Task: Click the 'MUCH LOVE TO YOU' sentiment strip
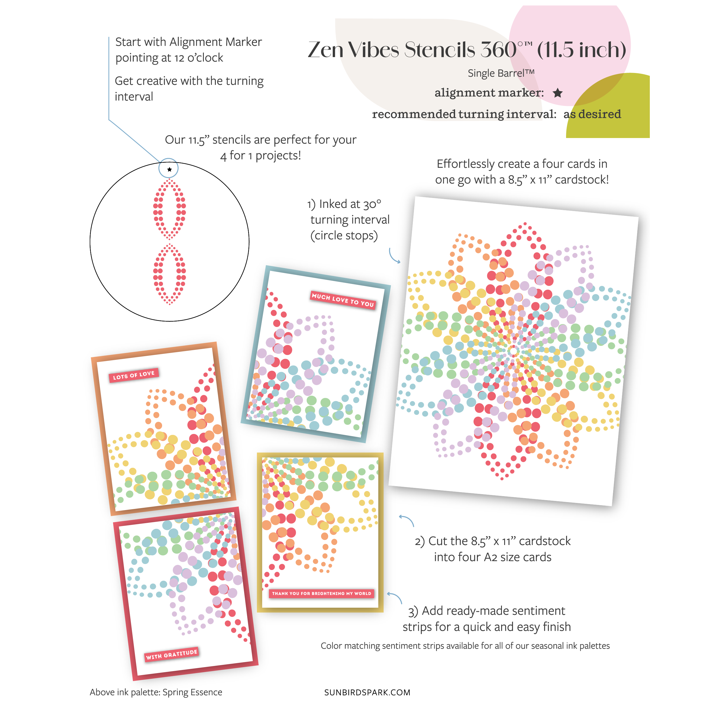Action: pyautogui.click(x=342, y=300)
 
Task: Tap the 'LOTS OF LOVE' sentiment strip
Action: pyautogui.click(x=134, y=375)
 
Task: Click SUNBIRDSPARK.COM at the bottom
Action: pyautogui.click(x=367, y=692)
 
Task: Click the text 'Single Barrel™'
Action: pyautogui.click(x=501, y=73)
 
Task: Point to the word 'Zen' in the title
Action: pyautogui.click(x=326, y=50)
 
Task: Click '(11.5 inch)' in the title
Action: pyautogui.click(x=581, y=50)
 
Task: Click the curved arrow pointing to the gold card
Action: pyautogui.click(x=395, y=596)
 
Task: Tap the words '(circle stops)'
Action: pyautogui.click(x=344, y=236)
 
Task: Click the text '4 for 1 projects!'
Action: pyautogui.click(x=261, y=156)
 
